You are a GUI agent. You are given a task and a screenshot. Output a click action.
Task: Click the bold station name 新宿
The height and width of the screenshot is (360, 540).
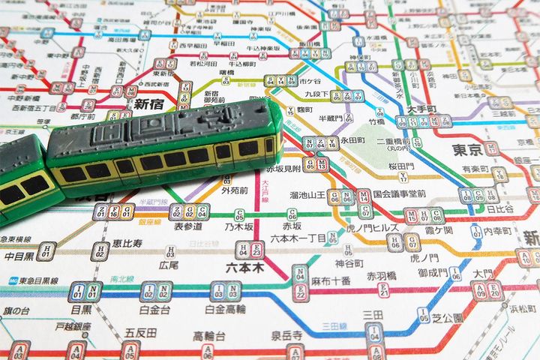pos(148,105)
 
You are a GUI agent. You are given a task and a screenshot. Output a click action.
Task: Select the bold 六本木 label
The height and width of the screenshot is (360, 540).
pos(247,267)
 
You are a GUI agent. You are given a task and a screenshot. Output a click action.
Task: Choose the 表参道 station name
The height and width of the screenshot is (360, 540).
pos(188,225)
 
